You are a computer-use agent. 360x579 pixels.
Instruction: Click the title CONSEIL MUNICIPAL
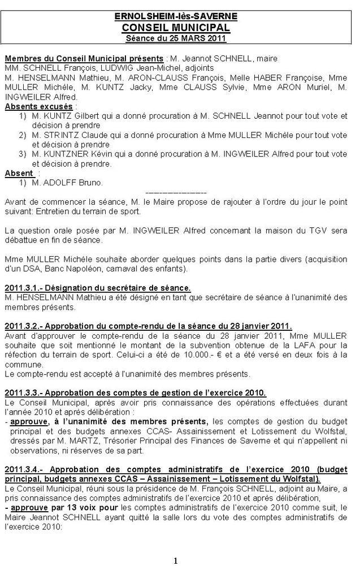point(176,27)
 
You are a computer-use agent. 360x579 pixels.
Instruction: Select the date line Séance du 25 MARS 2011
point(176,38)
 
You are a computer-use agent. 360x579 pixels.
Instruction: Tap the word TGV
point(308,230)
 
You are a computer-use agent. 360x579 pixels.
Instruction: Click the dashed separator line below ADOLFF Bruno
point(176,192)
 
